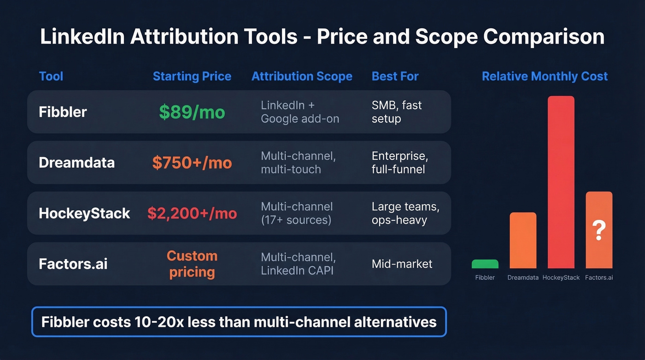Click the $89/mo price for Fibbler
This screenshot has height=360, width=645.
(192, 112)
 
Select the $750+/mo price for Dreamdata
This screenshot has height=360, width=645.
(192, 163)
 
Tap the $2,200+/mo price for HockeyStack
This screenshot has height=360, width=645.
(192, 213)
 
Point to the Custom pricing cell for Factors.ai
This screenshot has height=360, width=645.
(192, 264)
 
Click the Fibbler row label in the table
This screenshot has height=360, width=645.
(63, 112)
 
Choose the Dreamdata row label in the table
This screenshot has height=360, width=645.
(76, 163)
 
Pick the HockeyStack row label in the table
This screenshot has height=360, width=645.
(84, 213)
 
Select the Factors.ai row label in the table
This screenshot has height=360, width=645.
(73, 264)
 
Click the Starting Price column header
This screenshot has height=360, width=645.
(192, 76)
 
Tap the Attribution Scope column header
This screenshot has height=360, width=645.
(302, 76)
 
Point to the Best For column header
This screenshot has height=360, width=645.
(395, 76)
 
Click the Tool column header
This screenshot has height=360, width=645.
(51, 76)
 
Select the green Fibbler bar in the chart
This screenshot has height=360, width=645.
(485, 264)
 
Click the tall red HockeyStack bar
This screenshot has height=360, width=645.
(561, 182)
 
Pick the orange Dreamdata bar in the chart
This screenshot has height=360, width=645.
(523, 240)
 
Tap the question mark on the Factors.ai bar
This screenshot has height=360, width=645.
(598, 230)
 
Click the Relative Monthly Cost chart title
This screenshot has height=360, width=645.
(545, 76)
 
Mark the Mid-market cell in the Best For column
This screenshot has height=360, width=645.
(402, 264)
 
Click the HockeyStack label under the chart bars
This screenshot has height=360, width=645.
(561, 277)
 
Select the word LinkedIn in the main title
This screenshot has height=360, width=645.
(82, 37)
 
